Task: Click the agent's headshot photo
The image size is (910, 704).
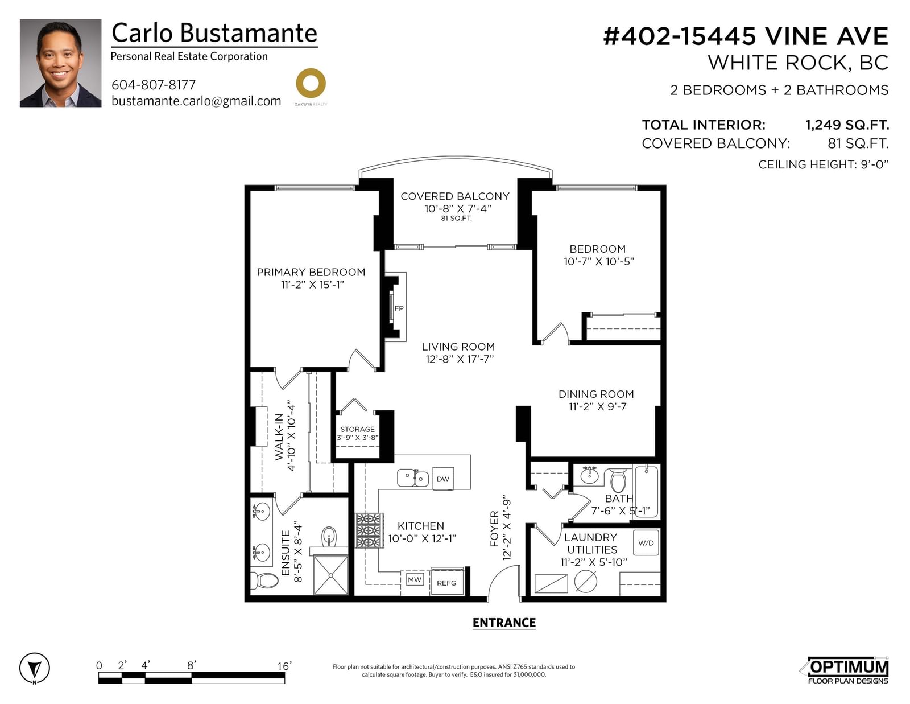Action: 60,63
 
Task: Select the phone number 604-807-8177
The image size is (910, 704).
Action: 153,85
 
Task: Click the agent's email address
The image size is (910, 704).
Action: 196,101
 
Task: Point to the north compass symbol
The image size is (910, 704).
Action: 34,668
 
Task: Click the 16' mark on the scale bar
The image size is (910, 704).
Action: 284,666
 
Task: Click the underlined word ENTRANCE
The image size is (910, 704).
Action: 504,623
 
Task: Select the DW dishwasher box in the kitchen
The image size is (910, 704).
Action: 443,479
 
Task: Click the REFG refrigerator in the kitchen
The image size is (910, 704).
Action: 446,582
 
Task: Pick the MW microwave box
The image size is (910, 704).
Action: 415,579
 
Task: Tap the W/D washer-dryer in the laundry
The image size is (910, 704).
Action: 646,543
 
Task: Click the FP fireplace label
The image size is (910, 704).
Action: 399,308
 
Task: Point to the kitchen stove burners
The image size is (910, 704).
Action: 369,530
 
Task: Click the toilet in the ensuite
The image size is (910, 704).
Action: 264,581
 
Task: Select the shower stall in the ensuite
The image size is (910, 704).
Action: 331,574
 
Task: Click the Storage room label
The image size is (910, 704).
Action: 358,433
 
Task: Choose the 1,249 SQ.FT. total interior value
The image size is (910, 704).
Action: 847,125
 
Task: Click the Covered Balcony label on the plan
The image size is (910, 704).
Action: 455,196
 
